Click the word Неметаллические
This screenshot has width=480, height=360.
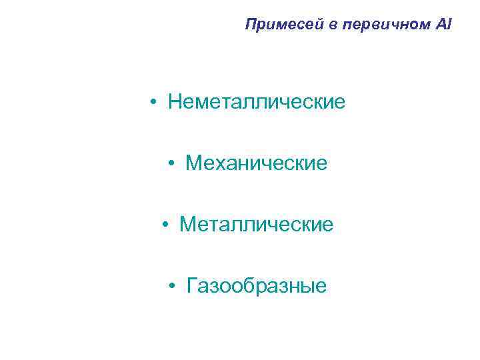point(257,102)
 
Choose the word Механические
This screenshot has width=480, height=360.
point(257,163)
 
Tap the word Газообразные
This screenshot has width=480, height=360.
point(257,286)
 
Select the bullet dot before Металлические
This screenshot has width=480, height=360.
point(165,225)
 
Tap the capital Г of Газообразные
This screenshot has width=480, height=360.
point(193,285)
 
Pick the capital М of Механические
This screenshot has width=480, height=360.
point(194,163)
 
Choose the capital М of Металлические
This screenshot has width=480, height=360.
point(187,225)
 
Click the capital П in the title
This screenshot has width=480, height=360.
point(251,25)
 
